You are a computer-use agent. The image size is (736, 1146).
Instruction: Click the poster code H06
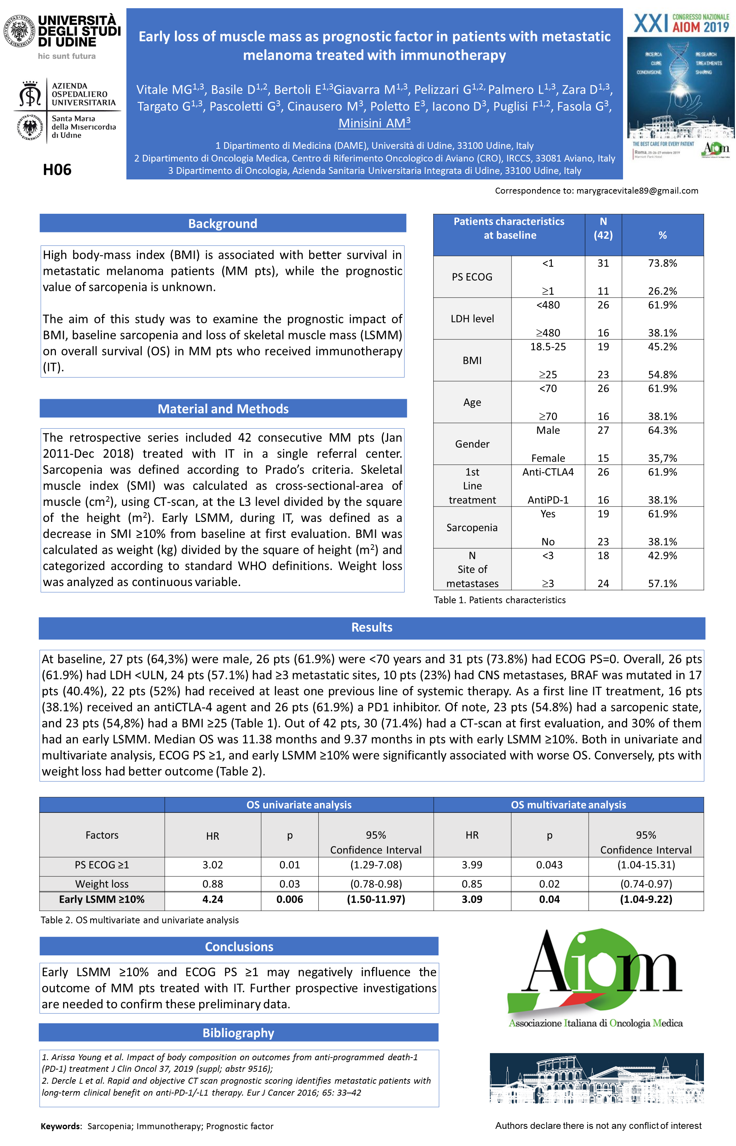[x=57, y=170]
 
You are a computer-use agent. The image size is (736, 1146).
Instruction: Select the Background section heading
[x=223, y=223]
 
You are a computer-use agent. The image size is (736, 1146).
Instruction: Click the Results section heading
[x=372, y=627]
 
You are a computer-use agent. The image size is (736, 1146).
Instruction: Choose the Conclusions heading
[x=239, y=947]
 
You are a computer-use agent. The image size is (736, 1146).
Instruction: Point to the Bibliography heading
[x=239, y=1033]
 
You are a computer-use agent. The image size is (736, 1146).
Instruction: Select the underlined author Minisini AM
[x=374, y=123]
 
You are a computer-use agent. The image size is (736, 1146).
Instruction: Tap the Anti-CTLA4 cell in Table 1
[x=548, y=472]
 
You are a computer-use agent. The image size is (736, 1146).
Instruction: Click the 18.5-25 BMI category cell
[x=548, y=347]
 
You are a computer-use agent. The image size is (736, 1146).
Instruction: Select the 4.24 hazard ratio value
[x=213, y=899]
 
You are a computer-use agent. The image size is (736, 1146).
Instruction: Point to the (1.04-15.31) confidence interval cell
[x=646, y=865]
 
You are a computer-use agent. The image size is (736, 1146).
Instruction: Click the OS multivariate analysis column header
[x=568, y=805]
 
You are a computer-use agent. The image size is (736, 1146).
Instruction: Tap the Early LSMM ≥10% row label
[x=102, y=899]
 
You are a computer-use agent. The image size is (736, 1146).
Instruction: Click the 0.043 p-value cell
[x=549, y=865]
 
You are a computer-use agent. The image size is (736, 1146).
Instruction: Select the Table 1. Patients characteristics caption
[x=500, y=600]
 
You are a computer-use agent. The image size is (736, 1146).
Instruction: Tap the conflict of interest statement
[x=598, y=1125]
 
